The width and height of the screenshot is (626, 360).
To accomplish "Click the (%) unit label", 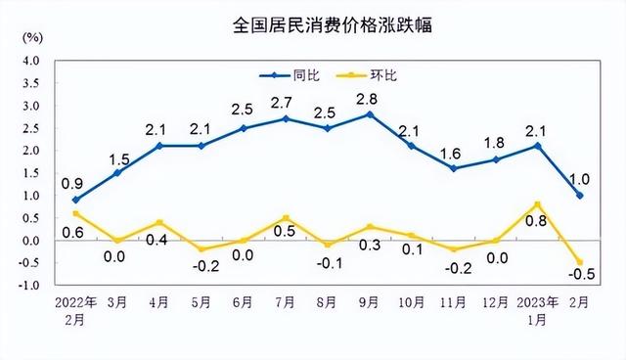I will tap(31, 38).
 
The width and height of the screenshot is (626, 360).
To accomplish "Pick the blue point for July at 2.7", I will tap(285, 118).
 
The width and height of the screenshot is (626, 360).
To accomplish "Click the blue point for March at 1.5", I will tap(117, 173).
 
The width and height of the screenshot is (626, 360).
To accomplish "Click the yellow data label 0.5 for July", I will tap(285, 233).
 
